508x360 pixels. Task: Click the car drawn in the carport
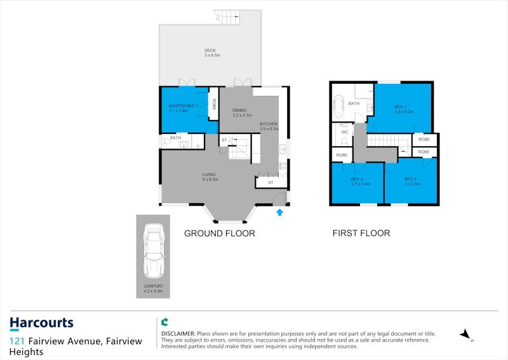(x=153, y=251)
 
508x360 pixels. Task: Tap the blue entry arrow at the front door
(x=279, y=212)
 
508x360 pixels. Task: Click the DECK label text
(x=210, y=51)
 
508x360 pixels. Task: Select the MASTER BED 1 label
(x=184, y=106)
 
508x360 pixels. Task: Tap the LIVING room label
(x=210, y=175)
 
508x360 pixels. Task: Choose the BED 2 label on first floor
(x=400, y=107)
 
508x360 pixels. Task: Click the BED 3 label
(x=356, y=179)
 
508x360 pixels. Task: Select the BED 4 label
(x=410, y=179)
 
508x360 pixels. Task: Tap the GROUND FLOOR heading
(x=219, y=234)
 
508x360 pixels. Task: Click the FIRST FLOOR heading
(x=361, y=234)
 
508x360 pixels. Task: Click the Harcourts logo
(x=41, y=324)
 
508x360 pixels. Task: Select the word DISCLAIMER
(x=177, y=333)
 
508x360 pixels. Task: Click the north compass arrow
(x=465, y=334)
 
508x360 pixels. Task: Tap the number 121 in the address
(x=17, y=342)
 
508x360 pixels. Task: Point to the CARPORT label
(x=153, y=286)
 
